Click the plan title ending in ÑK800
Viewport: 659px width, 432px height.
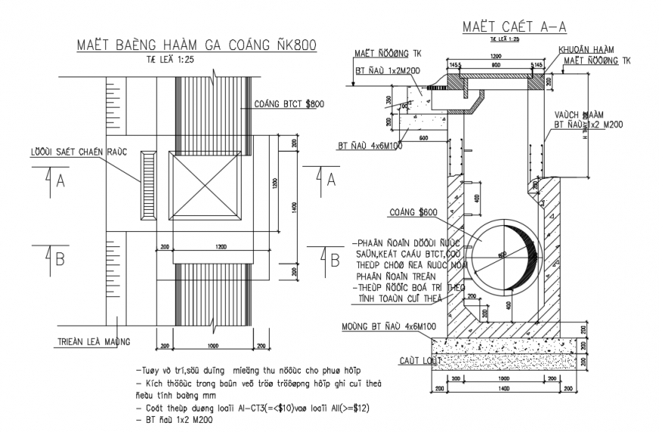pos(196,45)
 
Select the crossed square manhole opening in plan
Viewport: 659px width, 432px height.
pos(205,186)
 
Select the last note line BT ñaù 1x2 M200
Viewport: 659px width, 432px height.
pos(172,421)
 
